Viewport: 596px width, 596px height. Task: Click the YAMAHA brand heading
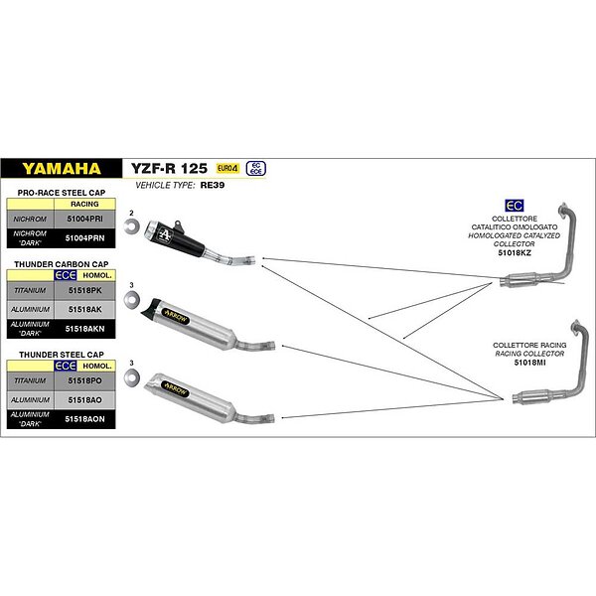62,168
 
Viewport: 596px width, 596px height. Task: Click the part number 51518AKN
82,327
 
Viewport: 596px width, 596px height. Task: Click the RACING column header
83,202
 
